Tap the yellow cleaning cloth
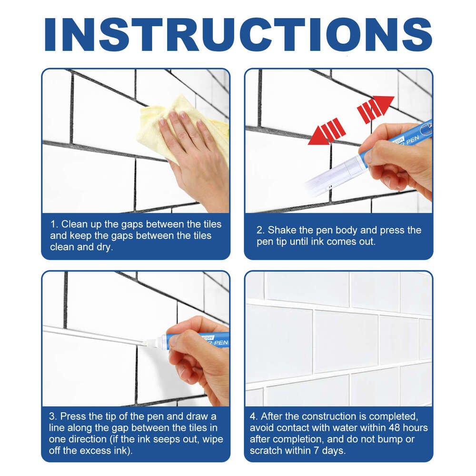pyautogui.click(x=157, y=121)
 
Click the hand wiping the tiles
pyautogui.click(x=190, y=152)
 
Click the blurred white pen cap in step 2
pyautogui.click(x=328, y=176)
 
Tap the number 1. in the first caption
pyautogui.click(x=54, y=224)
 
